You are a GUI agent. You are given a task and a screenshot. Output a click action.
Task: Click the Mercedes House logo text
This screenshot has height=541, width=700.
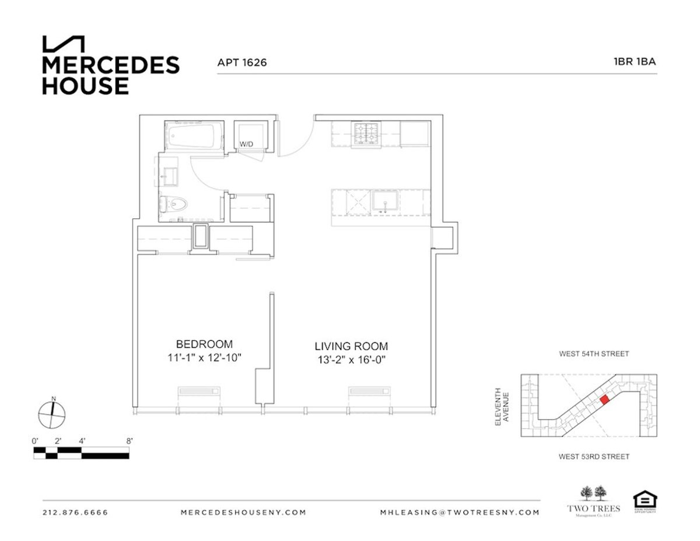[x=110, y=75]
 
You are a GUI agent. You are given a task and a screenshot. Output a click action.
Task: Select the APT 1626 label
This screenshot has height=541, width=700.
[x=242, y=62]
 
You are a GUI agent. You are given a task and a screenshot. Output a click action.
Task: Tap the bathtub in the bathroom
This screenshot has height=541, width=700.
[x=194, y=136]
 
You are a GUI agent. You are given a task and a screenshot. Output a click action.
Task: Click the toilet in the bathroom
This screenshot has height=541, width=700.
[x=176, y=204]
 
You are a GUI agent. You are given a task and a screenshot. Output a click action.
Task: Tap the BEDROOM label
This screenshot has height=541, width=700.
[x=204, y=344]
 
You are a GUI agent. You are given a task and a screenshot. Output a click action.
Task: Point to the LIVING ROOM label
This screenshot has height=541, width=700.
[x=351, y=346]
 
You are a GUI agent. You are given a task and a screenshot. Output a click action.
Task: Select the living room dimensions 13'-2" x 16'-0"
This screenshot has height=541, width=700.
[x=351, y=360]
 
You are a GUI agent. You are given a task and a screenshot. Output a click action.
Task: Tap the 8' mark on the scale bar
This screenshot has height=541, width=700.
[x=129, y=441]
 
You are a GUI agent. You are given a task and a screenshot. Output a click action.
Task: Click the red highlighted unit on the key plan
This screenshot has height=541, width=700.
[x=605, y=399]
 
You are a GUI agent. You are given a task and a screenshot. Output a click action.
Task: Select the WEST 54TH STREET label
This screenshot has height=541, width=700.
[x=594, y=354]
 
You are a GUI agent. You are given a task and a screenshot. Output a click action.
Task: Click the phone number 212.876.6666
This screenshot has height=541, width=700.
[x=75, y=512]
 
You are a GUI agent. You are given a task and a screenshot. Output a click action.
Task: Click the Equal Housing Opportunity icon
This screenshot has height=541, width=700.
[x=645, y=501]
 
